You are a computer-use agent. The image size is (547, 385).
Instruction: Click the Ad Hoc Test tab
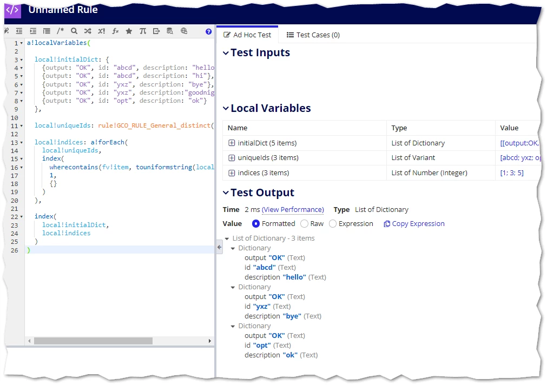247,35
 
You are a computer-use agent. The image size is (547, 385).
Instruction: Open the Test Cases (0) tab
313,35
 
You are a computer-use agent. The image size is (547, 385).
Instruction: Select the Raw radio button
304,223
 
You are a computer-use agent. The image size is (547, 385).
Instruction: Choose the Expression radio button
333,223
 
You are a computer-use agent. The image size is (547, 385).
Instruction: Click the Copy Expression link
414,223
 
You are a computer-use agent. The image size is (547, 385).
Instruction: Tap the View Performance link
293,210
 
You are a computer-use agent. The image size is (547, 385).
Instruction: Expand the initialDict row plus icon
231,143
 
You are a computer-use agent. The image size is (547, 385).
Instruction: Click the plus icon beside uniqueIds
231,158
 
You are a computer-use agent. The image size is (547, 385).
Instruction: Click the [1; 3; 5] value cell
512,172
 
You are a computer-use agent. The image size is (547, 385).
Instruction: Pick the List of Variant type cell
413,158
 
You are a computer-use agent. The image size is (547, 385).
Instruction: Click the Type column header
399,128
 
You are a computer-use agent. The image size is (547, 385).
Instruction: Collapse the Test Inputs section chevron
226,53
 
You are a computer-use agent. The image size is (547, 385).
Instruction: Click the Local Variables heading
271,108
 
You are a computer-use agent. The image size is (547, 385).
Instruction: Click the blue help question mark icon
209,32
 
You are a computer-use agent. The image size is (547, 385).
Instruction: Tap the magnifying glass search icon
74,31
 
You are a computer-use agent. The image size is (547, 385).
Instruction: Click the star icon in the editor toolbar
129,31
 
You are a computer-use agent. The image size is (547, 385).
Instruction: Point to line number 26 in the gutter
14,250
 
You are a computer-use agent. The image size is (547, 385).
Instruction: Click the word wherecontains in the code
74,167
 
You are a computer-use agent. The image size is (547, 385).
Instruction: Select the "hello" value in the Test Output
294,277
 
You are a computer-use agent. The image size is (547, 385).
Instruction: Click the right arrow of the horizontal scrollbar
210,341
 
